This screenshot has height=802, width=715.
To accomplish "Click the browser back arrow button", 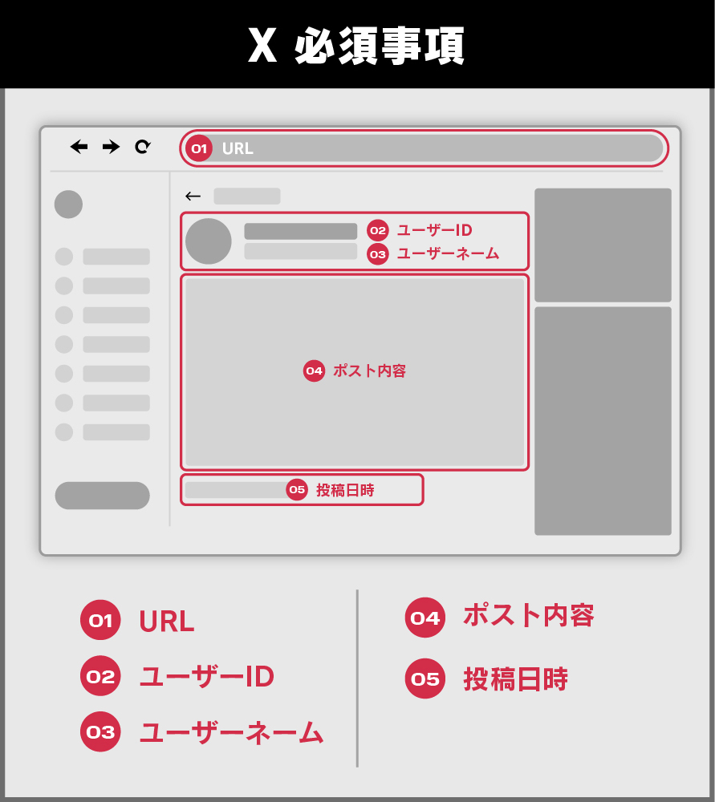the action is pos(79,147).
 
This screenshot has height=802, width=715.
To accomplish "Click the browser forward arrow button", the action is pos(111,147).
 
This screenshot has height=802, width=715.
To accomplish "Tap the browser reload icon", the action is pos(143,147).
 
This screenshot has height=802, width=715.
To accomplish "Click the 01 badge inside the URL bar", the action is pos(199,148).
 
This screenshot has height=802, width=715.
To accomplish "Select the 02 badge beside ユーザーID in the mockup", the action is pos(378,231).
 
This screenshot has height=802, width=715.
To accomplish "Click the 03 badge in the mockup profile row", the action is pos(378,254).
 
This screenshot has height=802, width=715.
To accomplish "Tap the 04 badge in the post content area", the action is pos(315,371).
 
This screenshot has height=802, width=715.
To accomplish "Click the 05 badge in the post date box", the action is pos(297,489).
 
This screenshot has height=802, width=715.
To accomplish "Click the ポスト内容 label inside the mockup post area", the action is pos(369,371).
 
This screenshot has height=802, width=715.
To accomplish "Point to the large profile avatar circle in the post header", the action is pos(209,241).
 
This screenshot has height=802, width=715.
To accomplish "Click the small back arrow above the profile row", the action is pos(193,196).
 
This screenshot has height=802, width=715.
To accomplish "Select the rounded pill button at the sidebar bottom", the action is pos(103,495).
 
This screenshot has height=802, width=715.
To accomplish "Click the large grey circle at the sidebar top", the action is pos(68,204).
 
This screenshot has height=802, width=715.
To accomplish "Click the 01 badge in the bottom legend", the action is pos(100,620).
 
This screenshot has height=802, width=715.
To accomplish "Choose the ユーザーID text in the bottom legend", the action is pos(207,676).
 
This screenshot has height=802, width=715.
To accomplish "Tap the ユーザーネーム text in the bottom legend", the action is pos(231,732).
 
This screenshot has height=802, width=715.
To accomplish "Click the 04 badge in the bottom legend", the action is pos(425,618).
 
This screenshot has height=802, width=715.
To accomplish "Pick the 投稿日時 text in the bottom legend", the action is pos(515,679).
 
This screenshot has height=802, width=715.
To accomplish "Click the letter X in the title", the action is pos(262,45).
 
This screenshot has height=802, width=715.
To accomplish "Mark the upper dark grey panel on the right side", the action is pos(603,245).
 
